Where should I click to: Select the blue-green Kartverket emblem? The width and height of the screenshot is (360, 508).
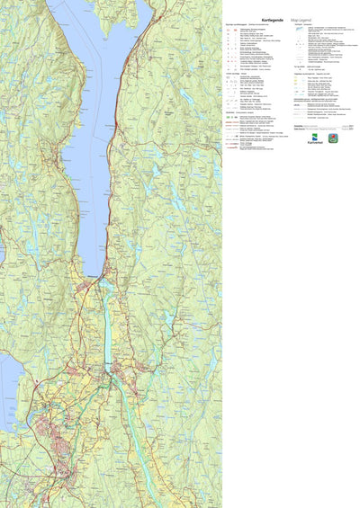pyautogui.click(x=314, y=138)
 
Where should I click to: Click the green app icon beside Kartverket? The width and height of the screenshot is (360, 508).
pyautogui.click(x=333, y=138)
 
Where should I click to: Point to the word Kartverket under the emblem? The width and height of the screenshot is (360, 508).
pyautogui.click(x=314, y=144)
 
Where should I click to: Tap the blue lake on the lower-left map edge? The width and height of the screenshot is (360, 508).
pyautogui.click(x=7, y=387)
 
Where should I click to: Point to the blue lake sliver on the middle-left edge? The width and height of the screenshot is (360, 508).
pyautogui.click(x=2, y=243)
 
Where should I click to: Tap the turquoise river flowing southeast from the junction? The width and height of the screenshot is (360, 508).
pyautogui.click(x=130, y=405)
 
